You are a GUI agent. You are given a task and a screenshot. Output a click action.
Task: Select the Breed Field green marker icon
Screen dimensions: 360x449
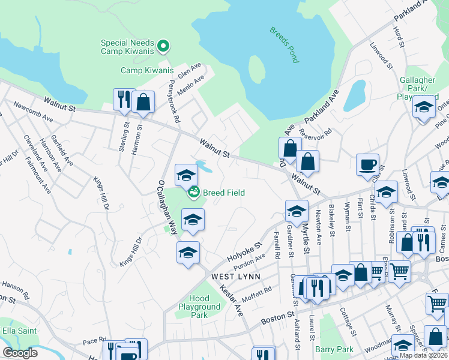(194, 193)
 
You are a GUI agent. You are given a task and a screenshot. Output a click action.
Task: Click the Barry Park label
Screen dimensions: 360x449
(334, 349)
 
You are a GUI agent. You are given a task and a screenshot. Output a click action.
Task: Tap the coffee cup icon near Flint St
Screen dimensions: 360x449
(367, 164)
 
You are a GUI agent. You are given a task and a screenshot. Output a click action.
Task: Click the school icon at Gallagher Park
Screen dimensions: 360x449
(424, 107)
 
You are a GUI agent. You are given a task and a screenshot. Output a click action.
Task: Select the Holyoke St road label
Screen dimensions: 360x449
(245, 253)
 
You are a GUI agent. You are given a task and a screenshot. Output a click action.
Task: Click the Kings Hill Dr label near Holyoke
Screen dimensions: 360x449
(130, 252)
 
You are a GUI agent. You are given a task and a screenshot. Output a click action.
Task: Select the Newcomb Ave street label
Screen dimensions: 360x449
(34, 112)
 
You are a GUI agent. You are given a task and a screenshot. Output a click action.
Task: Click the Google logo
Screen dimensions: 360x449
(20, 353)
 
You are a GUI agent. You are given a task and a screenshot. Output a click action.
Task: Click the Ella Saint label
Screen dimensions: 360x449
(19, 331)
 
